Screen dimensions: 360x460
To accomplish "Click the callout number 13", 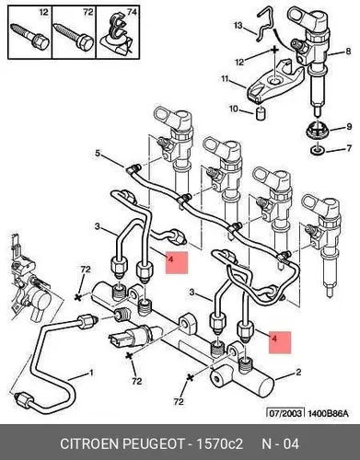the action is point(238,25).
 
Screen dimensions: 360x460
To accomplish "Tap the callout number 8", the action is point(348,51).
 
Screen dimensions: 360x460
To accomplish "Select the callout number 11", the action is point(226,79).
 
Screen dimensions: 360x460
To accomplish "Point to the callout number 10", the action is point(234,109).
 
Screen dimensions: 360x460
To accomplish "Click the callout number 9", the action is point(349,126).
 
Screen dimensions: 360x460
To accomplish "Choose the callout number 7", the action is point(349,148).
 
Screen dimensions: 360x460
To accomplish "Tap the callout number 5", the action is point(98,153).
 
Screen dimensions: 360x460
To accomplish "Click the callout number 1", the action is point(91,373).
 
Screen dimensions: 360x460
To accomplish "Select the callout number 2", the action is point(298,373).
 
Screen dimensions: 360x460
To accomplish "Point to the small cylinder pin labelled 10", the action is point(261,112).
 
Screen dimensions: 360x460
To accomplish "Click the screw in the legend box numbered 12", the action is point(29,37).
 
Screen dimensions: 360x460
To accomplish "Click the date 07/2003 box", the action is point(285,413).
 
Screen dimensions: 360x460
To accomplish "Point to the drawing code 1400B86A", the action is point(327,413).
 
